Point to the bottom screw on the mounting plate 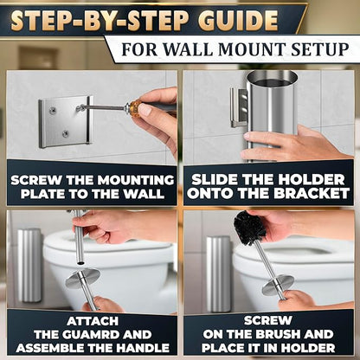[66, 133]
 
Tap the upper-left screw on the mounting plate [52, 110]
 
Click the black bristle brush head [249, 227]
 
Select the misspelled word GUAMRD [93, 335]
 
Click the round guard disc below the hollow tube [82, 278]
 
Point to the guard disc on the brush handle [278, 285]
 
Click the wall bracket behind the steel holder [239, 107]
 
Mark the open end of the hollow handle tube [81, 263]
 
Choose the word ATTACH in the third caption [93, 321]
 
